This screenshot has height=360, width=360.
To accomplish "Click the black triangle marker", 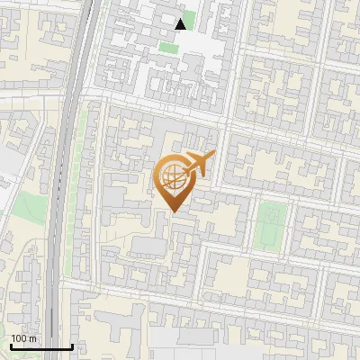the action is (x=181, y=23).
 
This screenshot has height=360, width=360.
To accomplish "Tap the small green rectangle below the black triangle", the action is (x=167, y=47).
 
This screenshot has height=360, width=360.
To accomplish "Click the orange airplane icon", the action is (x=199, y=164).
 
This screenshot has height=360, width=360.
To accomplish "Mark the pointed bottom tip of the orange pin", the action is (x=173, y=211).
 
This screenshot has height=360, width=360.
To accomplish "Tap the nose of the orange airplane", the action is (x=214, y=156).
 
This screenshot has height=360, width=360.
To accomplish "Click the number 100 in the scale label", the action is (x=19, y=338).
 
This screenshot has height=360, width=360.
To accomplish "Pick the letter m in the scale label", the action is (x=31, y=338).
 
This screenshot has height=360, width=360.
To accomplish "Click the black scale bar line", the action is (x=40, y=346).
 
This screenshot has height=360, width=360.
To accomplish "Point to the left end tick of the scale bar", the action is (x=10, y=345).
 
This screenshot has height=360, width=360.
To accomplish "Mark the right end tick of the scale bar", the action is (x=71, y=345).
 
